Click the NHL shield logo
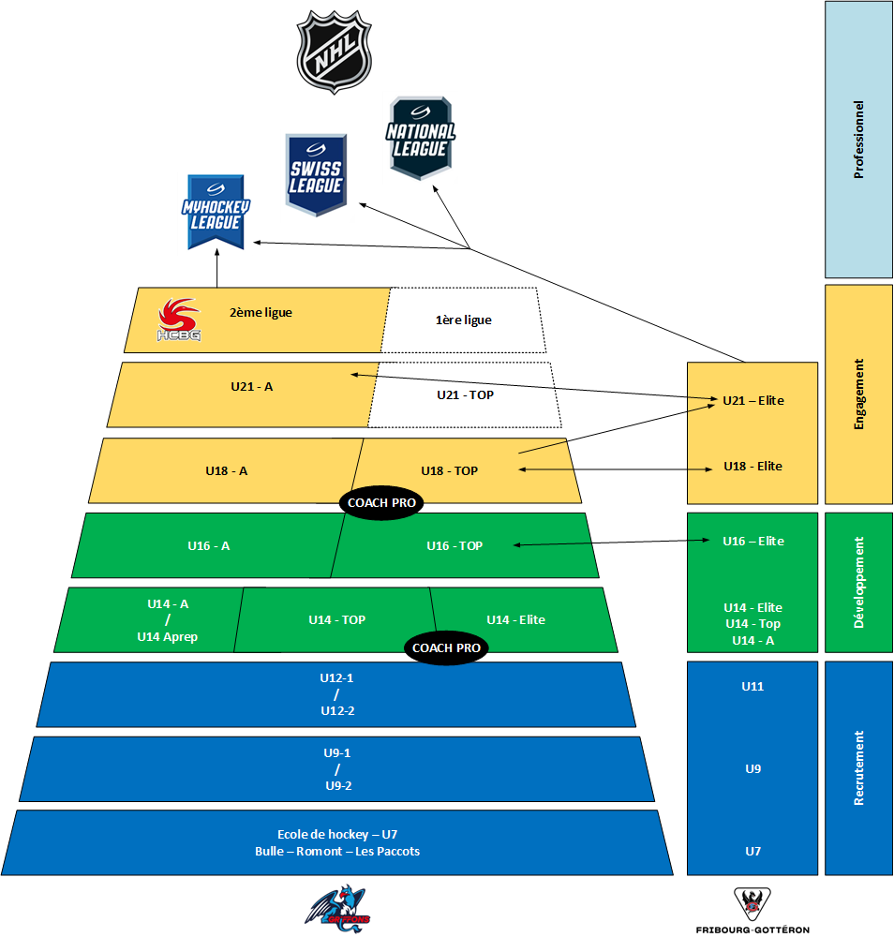point(334,52)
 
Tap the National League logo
point(420,137)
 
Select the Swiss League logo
point(317,176)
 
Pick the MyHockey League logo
point(216,213)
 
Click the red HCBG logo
point(178,320)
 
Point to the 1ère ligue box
point(463,320)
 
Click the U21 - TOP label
point(465,395)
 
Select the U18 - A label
point(227,471)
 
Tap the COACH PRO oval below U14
point(446,648)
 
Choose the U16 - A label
point(208,545)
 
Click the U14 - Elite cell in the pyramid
point(515,619)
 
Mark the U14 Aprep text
point(168,637)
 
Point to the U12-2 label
point(337,711)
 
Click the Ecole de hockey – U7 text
point(337,834)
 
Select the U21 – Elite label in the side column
point(752,401)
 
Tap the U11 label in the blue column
point(752,687)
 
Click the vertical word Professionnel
point(858,141)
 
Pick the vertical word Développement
point(858,582)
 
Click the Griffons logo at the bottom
point(337,907)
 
